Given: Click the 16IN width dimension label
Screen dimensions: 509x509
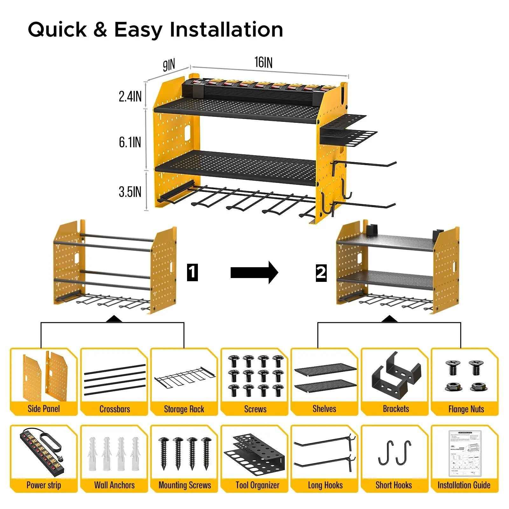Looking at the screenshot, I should tap(263, 62).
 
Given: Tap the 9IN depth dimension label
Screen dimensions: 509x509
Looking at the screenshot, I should tap(169, 65).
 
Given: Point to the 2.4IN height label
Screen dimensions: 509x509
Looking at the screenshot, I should tap(130, 96).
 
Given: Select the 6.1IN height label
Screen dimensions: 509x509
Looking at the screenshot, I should tap(130, 142).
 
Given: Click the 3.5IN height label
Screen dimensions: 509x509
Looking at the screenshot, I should tap(130, 192).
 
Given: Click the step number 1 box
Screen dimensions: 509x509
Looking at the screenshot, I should tap(192, 272).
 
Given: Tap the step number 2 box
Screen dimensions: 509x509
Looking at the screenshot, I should tap(321, 272).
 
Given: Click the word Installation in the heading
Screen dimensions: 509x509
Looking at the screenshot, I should tap(226, 30).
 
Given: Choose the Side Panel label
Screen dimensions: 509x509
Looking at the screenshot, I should tap(44, 408).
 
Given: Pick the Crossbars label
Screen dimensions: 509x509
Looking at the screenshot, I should tap(115, 409).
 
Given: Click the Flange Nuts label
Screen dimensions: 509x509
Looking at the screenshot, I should tap(466, 409).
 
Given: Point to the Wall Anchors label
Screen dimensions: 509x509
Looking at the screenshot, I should tap(115, 485).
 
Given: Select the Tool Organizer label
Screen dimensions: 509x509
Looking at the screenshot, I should tap(257, 485).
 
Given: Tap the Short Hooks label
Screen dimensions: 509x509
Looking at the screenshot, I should tap(394, 485).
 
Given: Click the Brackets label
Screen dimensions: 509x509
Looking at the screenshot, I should tap(396, 408).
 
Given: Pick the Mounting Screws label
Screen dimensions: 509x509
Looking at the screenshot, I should tap(185, 485).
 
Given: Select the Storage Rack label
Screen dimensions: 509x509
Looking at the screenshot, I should tap(184, 409).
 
